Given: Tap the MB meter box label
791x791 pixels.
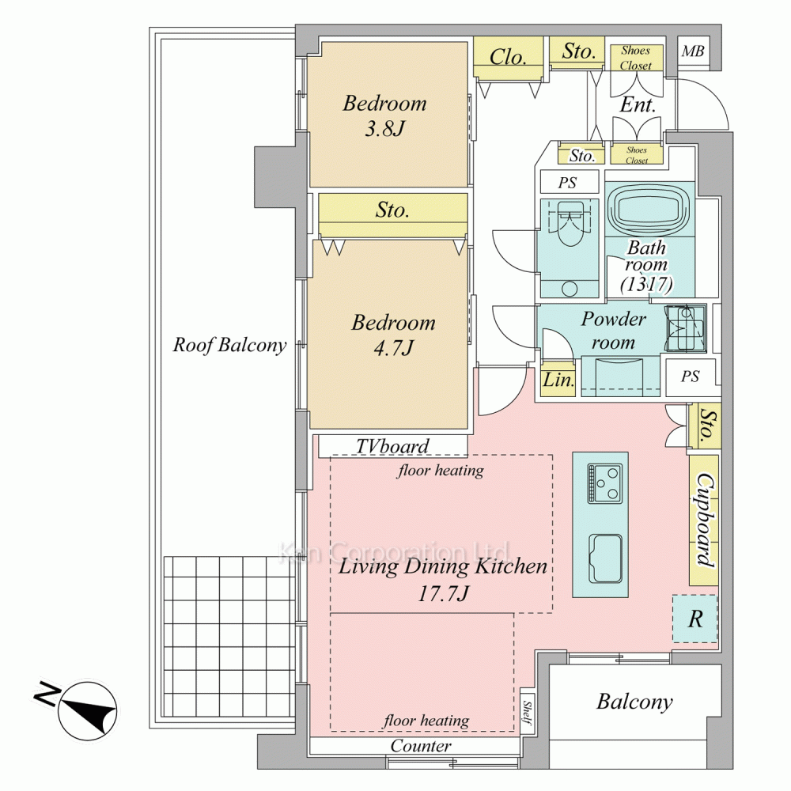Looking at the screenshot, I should pyautogui.click(x=693, y=52).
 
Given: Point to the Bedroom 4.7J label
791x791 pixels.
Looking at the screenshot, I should pyautogui.click(x=393, y=334).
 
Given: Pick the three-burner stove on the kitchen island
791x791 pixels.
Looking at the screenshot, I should pyautogui.click(x=604, y=483).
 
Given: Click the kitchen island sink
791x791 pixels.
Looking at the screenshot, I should pyautogui.click(x=605, y=558).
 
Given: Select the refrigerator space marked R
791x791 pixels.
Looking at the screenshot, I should pyautogui.click(x=694, y=619).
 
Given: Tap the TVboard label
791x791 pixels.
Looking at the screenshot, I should pyautogui.click(x=392, y=446).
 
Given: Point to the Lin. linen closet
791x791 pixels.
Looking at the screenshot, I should pyautogui.click(x=558, y=380).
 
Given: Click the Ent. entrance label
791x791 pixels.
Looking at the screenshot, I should pyautogui.click(x=637, y=104).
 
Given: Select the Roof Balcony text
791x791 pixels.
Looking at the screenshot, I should pyautogui.click(x=229, y=345).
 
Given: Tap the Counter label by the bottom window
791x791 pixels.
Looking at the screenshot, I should pyautogui.click(x=421, y=746).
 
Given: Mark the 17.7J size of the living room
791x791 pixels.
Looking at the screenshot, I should pyautogui.click(x=444, y=593).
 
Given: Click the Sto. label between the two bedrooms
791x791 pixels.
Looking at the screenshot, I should pyautogui.click(x=392, y=210).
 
